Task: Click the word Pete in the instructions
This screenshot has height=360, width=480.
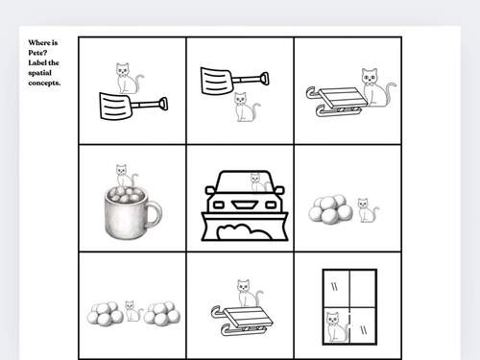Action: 37,53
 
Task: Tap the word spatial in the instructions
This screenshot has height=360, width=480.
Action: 39,73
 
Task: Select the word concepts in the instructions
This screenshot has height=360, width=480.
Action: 44,83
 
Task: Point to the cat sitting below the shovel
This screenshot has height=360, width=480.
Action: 247,107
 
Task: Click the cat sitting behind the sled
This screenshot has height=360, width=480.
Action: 377,87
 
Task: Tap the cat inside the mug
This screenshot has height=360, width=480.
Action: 126,176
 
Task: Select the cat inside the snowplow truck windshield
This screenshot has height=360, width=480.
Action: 259,182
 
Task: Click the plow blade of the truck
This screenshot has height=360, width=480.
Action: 245,227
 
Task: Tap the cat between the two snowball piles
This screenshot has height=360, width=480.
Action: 133,311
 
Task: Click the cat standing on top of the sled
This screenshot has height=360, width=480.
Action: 249,293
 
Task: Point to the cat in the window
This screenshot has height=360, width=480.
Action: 336,326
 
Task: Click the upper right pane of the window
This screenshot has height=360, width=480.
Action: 363,289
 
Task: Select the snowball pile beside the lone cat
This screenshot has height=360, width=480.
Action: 330,209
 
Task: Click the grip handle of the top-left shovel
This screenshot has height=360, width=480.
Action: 163,104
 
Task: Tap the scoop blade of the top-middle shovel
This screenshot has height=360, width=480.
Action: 217,81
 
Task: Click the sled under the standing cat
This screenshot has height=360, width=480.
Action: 242,321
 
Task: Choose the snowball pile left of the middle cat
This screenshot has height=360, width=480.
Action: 105,314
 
